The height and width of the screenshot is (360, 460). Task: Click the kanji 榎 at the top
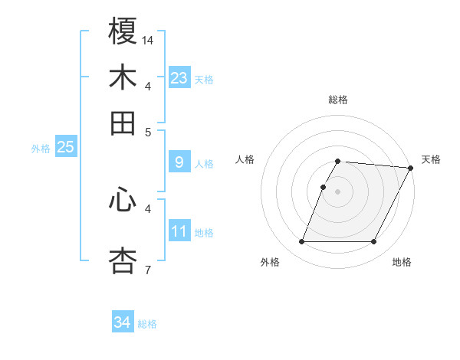[x=123, y=31]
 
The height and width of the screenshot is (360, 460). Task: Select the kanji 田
[x=123, y=123]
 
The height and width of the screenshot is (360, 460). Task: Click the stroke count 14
[x=148, y=40]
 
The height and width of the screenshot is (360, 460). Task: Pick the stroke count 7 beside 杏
[x=147, y=270]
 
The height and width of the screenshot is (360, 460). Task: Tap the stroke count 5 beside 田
[x=148, y=132]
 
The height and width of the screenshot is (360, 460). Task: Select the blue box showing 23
[x=179, y=77]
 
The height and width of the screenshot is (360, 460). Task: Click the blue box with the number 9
[x=179, y=162]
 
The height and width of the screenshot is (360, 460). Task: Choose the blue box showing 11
[x=179, y=231]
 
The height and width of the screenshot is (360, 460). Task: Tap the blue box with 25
[x=65, y=147]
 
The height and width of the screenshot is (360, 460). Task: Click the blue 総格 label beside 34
[x=147, y=324]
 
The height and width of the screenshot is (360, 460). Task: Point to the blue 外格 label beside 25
[x=41, y=149]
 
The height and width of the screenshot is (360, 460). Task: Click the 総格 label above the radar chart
[x=337, y=100]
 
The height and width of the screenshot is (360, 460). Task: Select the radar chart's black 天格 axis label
[x=431, y=159]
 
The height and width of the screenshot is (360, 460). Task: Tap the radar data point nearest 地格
[x=373, y=242]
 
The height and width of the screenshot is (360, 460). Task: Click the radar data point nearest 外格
[x=301, y=242]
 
